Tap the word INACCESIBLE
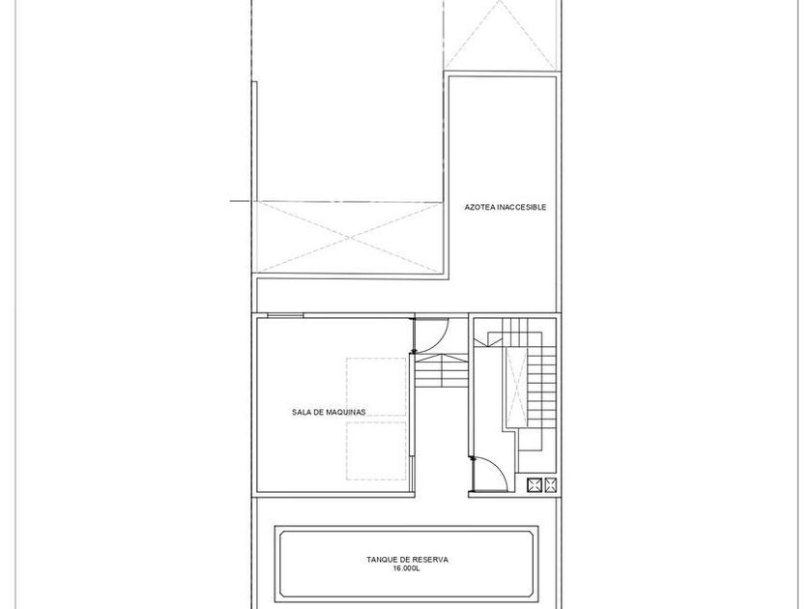pos(521,207)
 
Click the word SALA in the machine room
pos(301,412)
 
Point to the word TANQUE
pos(382,560)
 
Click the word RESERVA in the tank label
pos(430,560)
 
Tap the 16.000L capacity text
pos(407,568)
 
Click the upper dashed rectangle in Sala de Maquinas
pos(376,387)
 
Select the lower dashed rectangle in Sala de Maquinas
pos(376,451)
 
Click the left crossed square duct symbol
pos(534,485)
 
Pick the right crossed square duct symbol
pos(550,485)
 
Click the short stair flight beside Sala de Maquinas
pos(442,371)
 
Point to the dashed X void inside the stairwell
pos(516,388)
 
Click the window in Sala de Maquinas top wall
pos(285,315)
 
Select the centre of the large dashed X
pos(350,238)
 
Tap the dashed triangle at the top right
pos(501,35)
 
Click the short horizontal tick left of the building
pos(241,200)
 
